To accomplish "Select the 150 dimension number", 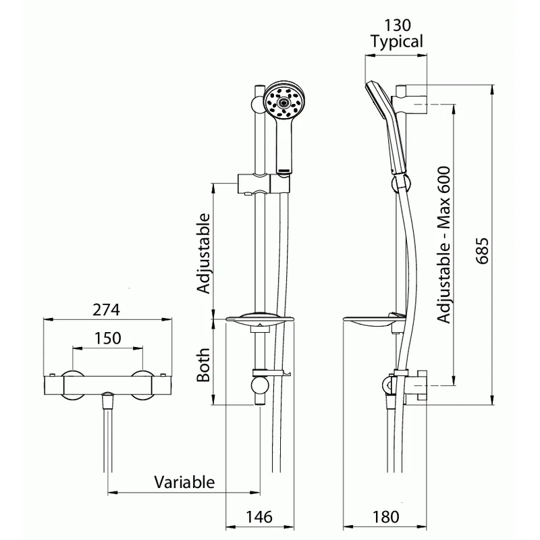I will click(108, 338).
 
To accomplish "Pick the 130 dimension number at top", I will click(397, 25).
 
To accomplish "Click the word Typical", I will click(397, 42).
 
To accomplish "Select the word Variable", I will click(184, 483).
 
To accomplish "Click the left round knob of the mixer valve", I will click(72, 383).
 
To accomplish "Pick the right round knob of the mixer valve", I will click(143, 383).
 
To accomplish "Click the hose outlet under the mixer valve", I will click(107, 401).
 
